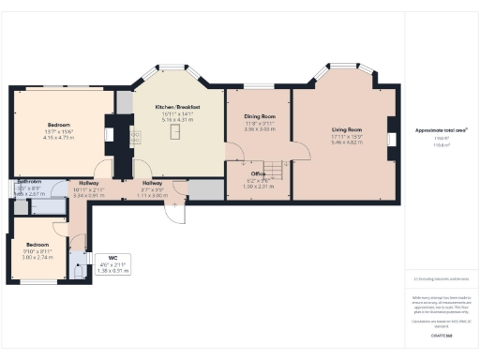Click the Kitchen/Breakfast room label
[x=177, y=108]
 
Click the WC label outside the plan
[x=112, y=257]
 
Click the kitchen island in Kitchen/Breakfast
[x=173, y=134]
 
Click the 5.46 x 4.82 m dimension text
[x=346, y=142]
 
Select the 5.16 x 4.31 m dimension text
[x=177, y=121]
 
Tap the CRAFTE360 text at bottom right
[x=442, y=335]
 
